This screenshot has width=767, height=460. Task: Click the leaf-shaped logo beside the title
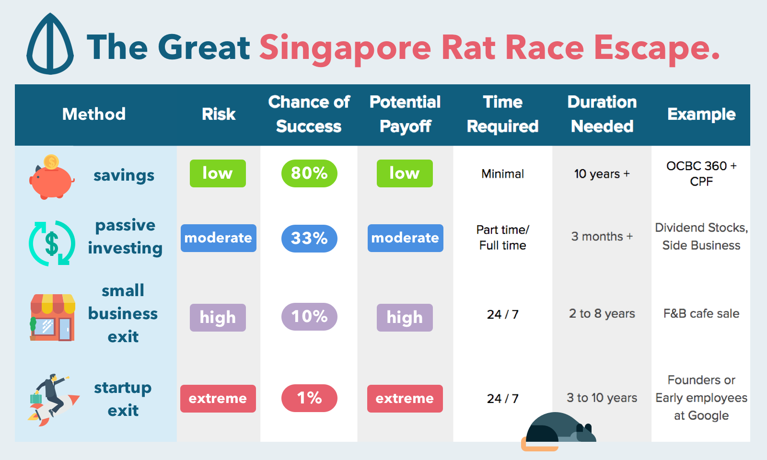(50, 44)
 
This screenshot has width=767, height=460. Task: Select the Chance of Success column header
(309, 114)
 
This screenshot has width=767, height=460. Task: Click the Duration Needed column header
(602, 114)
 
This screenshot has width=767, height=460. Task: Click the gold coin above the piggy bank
(51, 161)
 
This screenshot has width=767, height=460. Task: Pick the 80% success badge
(309, 173)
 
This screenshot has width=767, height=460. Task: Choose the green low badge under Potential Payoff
(405, 173)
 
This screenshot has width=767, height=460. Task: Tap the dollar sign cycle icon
(52, 243)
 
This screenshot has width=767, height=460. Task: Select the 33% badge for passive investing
(309, 238)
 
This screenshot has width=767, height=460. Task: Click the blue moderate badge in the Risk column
(219, 238)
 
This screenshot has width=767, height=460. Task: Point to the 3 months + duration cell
(602, 237)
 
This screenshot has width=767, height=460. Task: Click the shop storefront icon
(52, 317)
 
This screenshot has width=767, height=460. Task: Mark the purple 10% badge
(309, 317)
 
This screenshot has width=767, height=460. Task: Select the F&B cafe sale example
(701, 313)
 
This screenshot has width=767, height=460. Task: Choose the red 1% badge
(309, 398)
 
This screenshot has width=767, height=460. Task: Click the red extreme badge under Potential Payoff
(405, 398)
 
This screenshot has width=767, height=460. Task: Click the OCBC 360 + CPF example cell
(701, 173)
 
